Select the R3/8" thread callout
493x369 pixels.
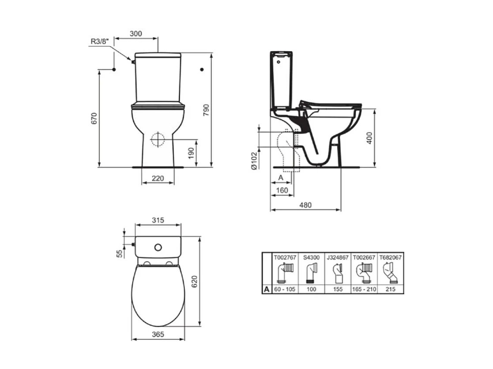click(99, 41)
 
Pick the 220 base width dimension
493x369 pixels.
click(157, 178)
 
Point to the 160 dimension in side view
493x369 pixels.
click(282, 190)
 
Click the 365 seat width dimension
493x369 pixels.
click(157, 335)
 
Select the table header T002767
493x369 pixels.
click(285, 256)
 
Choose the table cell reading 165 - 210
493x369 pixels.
click(364, 289)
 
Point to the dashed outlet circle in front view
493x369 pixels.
click(157, 139)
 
